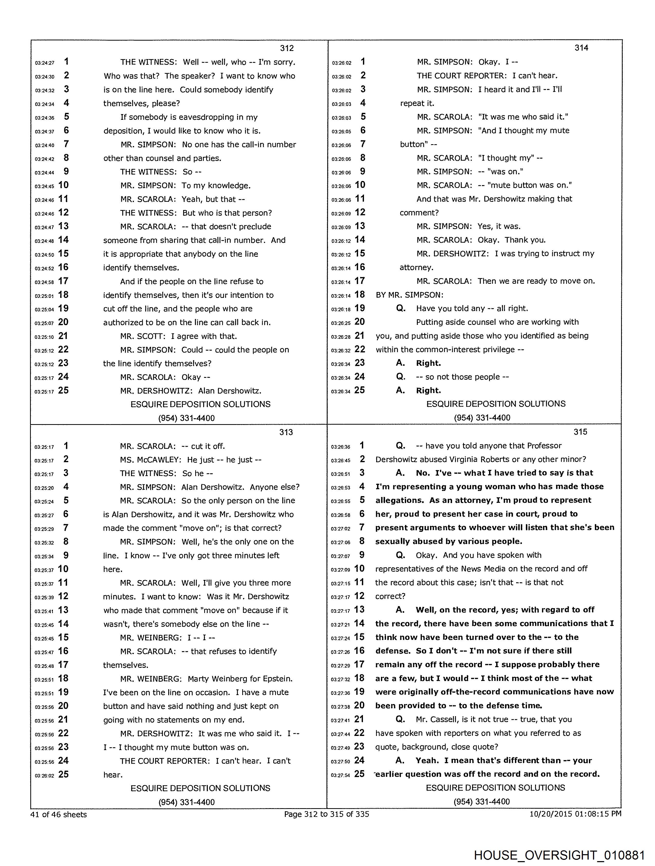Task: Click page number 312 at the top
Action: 287,48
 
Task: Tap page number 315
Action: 580,432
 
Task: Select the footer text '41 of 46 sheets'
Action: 59,814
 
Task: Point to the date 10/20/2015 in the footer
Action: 550,814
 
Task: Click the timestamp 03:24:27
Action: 45,63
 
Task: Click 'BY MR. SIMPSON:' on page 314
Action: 410,295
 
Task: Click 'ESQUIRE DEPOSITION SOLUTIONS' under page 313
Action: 200,788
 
